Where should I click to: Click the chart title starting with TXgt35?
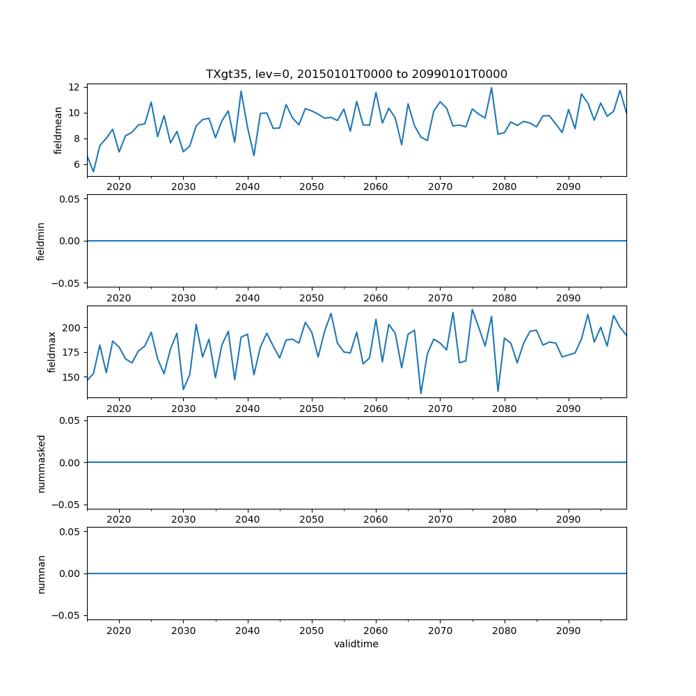tap(356, 74)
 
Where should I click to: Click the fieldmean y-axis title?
tap(58, 130)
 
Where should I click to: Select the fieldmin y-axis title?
tap(40, 241)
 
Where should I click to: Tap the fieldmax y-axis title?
tap(52, 351)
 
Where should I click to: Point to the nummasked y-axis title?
tap(41, 462)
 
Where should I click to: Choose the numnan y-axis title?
tap(41, 574)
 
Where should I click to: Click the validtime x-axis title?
tap(356, 644)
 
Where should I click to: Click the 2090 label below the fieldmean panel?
tap(569, 187)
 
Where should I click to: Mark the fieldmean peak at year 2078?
tap(491, 88)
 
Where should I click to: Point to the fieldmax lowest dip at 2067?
tap(421, 393)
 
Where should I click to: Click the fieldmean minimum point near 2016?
tap(93, 171)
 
